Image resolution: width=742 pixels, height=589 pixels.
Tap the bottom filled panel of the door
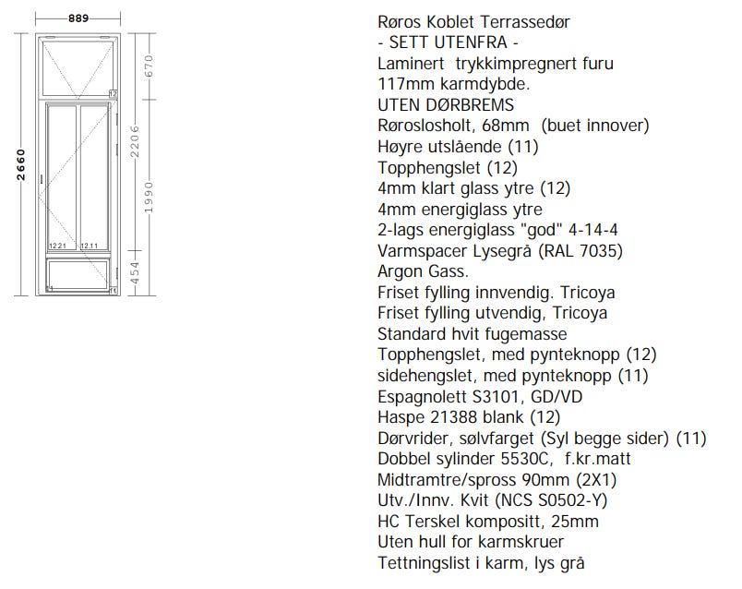pos(79,274)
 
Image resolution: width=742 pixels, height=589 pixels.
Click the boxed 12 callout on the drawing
pos(113,93)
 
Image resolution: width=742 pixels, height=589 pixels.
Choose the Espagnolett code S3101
pos(497,396)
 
